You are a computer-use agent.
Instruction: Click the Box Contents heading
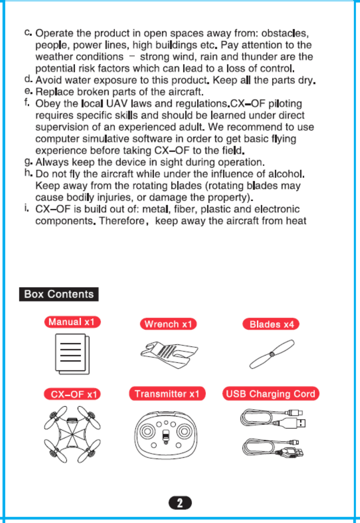coord(59,294)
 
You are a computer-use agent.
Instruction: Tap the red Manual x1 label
coord(72,322)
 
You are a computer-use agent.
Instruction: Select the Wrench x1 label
coord(168,324)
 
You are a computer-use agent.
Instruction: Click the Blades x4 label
coord(271,324)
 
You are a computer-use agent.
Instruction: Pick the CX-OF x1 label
coord(72,394)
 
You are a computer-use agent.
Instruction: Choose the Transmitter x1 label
coord(167,394)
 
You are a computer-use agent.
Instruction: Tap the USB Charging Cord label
coord(270,394)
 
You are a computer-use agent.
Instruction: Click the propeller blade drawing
coord(272,354)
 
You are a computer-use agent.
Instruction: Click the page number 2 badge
coord(180,503)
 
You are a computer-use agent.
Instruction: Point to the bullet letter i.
coord(27,208)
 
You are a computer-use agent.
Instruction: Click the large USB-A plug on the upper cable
coord(296,423)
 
